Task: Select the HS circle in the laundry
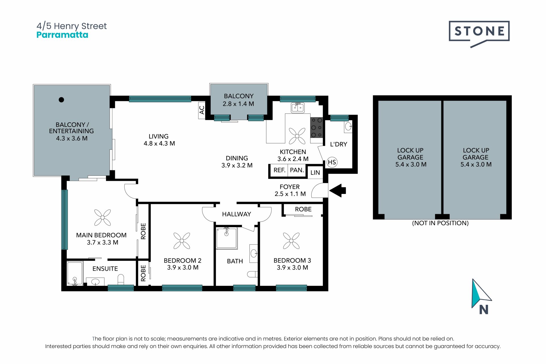tap(332, 162)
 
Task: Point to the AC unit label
tap(202, 110)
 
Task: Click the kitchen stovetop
tap(317, 128)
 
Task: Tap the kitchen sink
tap(298, 108)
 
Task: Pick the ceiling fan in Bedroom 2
tap(182, 241)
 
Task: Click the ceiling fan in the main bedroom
tap(102, 218)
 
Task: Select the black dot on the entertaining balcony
tap(61, 100)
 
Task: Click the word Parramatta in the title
tap(62, 35)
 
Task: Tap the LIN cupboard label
tap(315, 173)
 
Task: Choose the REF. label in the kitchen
tap(279, 170)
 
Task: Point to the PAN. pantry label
tap(297, 170)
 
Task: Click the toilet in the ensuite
tap(121, 279)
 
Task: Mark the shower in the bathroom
tap(227, 238)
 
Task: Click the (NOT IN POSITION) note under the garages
tap(440, 223)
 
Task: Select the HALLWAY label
tap(237, 214)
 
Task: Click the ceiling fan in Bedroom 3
tap(291, 241)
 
